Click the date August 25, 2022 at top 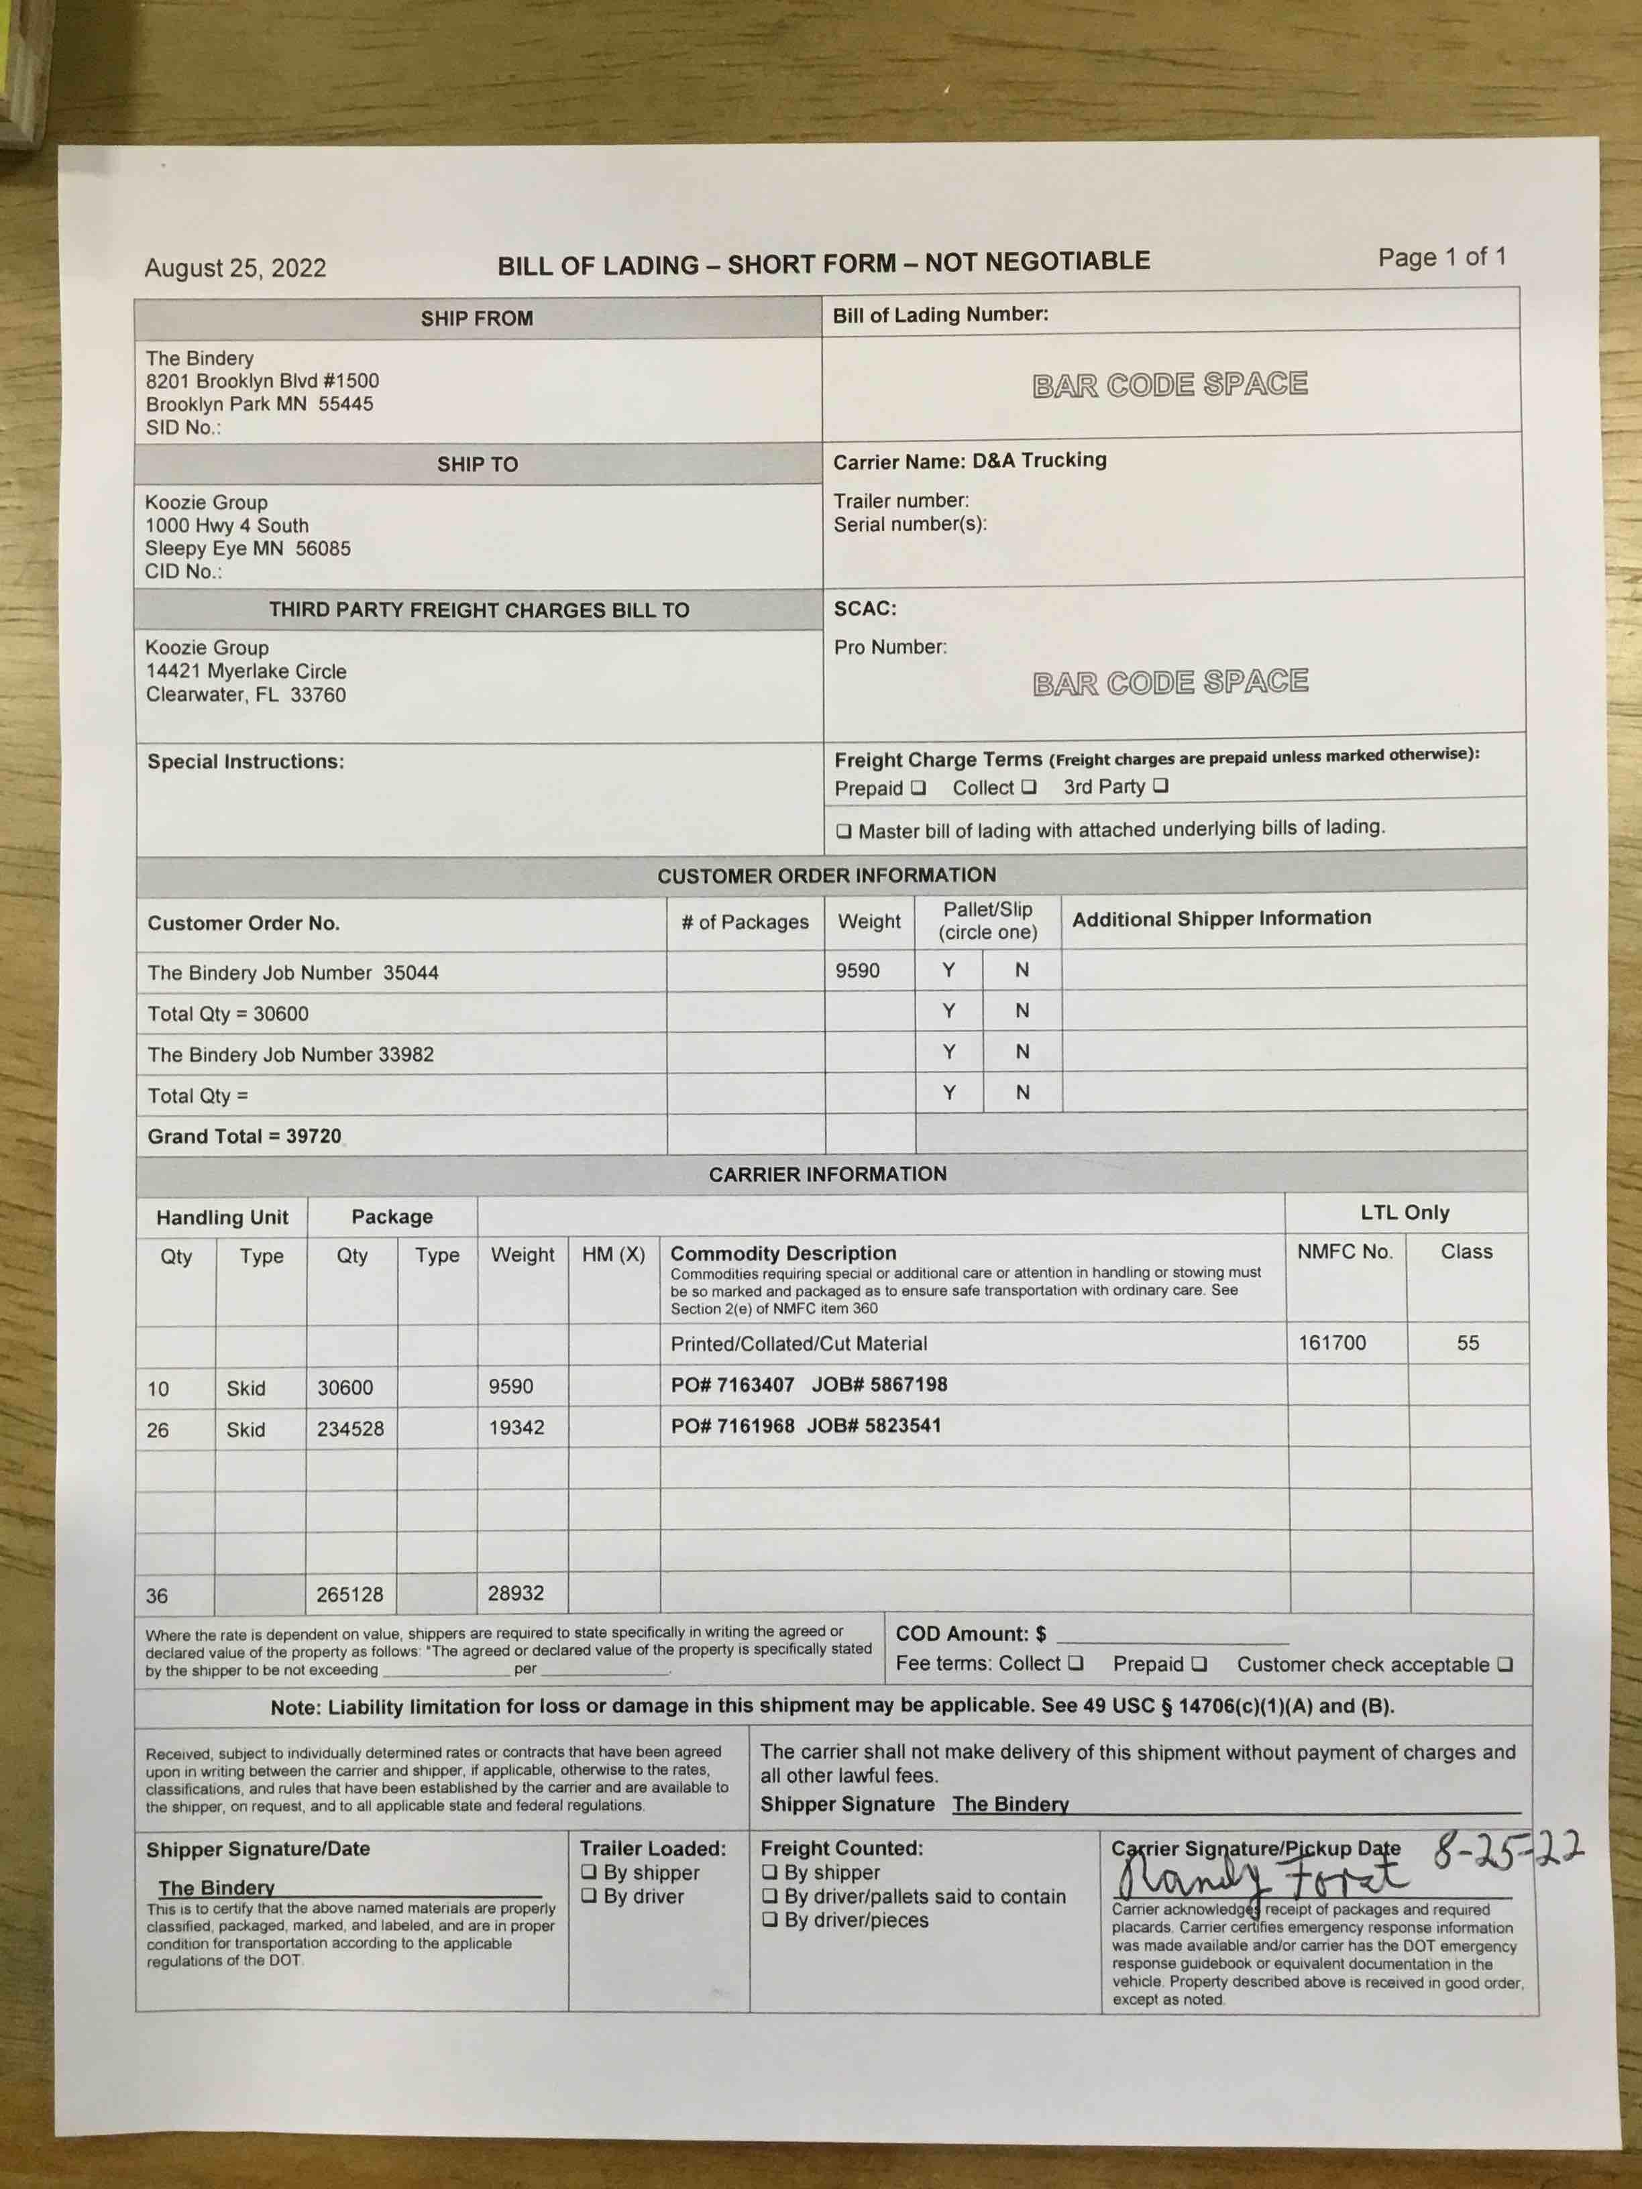[x=235, y=268]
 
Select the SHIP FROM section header [x=476, y=319]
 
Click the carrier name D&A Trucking [x=1038, y=460]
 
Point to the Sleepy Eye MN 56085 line [x=248, y=548]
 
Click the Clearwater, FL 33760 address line [x=245, y=695]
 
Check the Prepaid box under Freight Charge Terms [x=918, y=788]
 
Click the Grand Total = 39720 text [x=243, y=1136]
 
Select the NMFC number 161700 [x=1331, y=1343]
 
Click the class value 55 [x=1467, y=1343]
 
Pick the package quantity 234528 [x=349, y=1429]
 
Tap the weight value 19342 [x=516, y=1427]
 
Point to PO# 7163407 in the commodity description [x=732, y=1384]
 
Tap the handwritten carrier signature [x=1257, y=1875]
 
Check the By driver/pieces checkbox [x=770, y=1920]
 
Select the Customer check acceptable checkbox [x=1504, y=1665]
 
